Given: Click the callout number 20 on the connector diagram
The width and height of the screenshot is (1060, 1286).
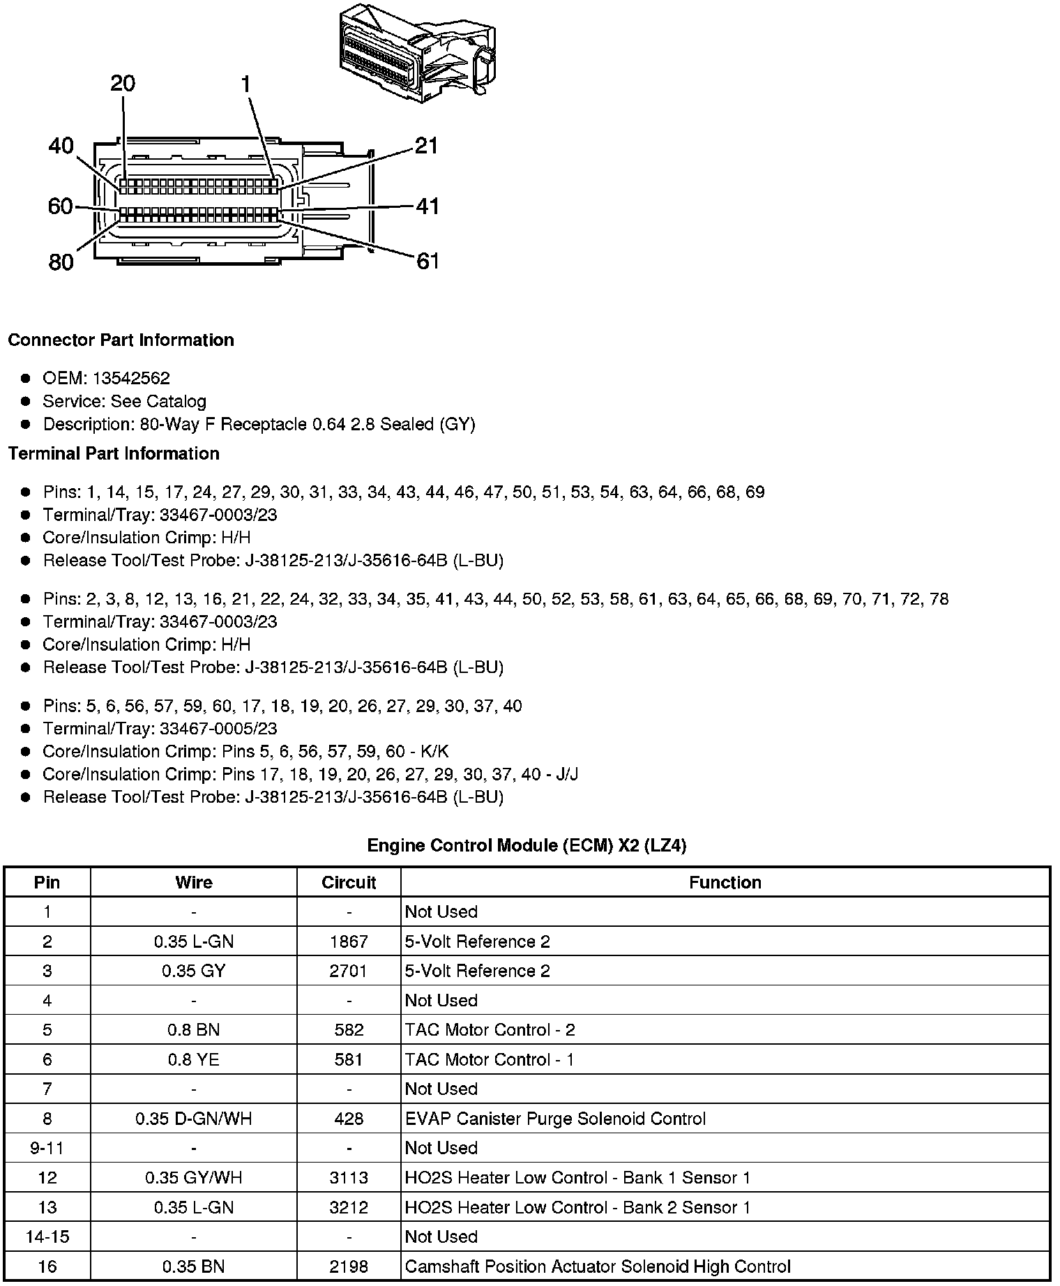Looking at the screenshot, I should [123, 84].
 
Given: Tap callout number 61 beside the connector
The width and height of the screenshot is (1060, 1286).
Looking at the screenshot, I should [427, 261].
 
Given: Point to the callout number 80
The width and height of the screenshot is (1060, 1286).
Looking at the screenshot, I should [61, 262].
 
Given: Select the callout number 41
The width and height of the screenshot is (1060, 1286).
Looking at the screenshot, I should [427, 206].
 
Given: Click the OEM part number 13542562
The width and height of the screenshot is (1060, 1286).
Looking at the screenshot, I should [131, 378].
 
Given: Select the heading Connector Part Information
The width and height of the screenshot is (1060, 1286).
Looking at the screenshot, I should [121, 340].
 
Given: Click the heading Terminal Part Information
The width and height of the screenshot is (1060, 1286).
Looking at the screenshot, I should [114, 453].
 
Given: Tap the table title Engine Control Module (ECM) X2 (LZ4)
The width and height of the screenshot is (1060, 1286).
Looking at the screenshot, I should [527, 845].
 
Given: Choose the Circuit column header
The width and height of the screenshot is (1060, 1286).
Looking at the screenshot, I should [349, 882].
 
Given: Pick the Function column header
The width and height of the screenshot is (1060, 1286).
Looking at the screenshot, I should [725, 882].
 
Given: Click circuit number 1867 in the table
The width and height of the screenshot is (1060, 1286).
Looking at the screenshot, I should [349, 941].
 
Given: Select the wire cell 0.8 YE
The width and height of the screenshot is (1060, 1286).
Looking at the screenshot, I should [193, 1059].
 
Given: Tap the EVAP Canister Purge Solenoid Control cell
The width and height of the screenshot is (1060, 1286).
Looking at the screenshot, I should [555, 1119].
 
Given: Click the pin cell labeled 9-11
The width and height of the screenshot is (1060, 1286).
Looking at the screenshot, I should [47, 1148].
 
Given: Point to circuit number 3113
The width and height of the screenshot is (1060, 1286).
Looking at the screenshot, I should [349, 1178].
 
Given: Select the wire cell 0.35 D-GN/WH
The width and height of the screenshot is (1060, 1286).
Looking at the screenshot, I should [193, 1119].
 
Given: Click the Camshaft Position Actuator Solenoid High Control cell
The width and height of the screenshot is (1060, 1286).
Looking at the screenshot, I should [598, 1266].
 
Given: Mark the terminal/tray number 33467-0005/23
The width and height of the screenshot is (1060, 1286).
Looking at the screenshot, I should [218, 729].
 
